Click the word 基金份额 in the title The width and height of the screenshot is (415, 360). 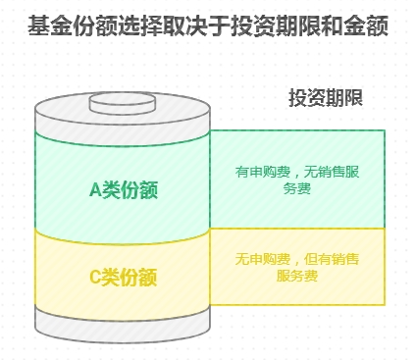(x=71, y=26)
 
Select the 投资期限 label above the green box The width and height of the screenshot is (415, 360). (x=326, y=98)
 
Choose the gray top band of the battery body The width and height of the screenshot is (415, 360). (x=123, y=125)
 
